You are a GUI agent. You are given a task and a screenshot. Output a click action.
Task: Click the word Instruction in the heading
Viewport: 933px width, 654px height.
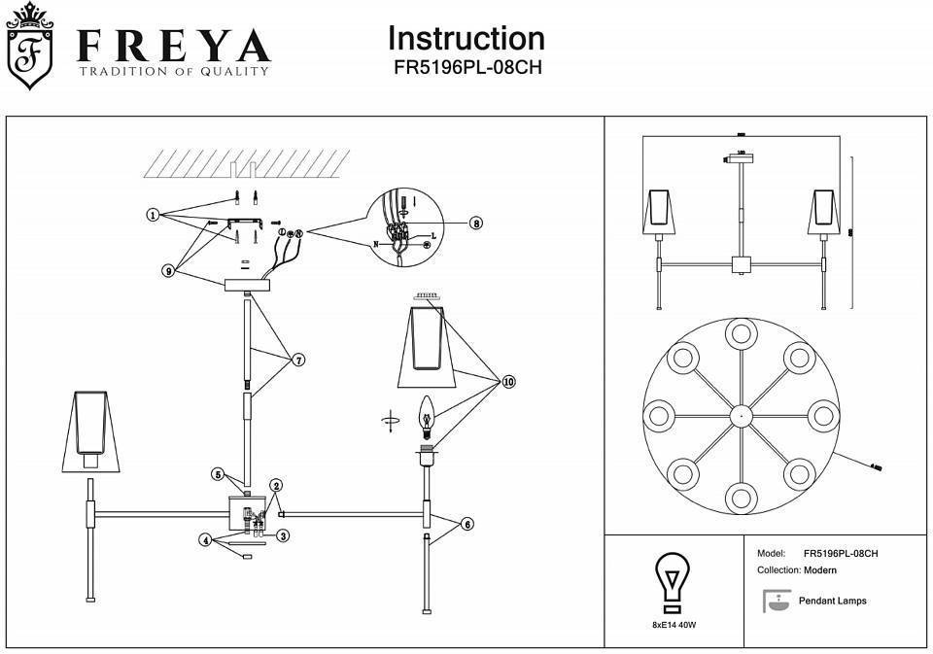(x=466, y=38)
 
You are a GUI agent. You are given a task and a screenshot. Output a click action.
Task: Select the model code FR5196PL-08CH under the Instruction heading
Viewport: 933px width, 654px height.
(x=466, y=69)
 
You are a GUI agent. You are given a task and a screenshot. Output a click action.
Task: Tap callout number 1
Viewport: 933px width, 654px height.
(x=153, y=215)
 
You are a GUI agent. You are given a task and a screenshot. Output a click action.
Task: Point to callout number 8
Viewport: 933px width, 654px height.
(x=475, y=223)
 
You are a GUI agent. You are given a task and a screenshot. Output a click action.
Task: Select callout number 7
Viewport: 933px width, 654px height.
(x=298, y=360)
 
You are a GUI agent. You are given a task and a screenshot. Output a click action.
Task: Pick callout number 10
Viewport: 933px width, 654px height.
(x=507, y=382)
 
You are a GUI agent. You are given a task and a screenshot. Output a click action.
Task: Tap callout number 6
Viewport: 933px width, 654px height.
(x=467, y=524)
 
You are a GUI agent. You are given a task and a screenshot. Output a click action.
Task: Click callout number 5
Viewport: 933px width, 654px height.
(x=220, y=474)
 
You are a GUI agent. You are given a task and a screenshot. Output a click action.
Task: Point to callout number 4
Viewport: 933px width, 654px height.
(x=205, y=539)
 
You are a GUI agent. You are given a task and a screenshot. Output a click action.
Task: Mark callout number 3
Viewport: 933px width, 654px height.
(x=283, y=534)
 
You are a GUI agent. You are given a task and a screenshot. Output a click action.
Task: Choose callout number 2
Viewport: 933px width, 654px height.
(x=276, y=485)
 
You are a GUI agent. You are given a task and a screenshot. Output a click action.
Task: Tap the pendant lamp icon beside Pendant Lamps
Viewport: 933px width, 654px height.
(x=776, y=601)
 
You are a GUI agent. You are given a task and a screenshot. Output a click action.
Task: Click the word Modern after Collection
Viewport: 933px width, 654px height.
(x=820, y=570)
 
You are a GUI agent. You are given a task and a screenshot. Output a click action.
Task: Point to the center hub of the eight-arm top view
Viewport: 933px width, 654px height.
(x=741, y=415)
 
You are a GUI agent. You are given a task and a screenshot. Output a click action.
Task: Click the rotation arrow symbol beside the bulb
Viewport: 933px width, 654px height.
(x=390, y=421)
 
